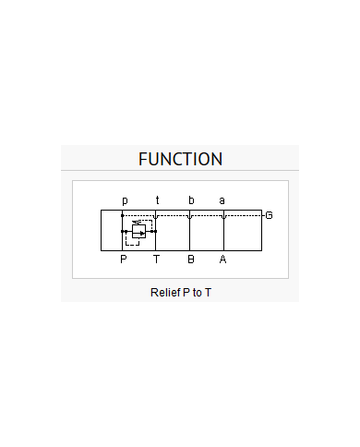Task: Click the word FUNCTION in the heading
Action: (180, 159)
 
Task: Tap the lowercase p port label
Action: (125, 200)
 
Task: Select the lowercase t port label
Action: (157, 200)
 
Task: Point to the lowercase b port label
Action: (191, 200)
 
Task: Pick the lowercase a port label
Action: (222, 200)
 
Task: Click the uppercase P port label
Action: (124, 260)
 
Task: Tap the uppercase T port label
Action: (156, 260)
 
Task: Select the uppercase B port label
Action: (191, 260)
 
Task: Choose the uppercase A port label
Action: (223, 260)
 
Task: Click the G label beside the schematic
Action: (269, 215)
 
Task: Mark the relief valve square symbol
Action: (138, 231)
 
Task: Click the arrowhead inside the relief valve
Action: (142, 234)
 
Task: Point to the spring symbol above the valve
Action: (137, 222)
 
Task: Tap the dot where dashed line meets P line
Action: (123, 215)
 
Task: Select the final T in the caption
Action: (208, 293)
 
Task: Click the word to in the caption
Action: (197, 293)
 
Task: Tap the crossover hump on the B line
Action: (189, 217)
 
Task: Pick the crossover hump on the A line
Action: (223, 217)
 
